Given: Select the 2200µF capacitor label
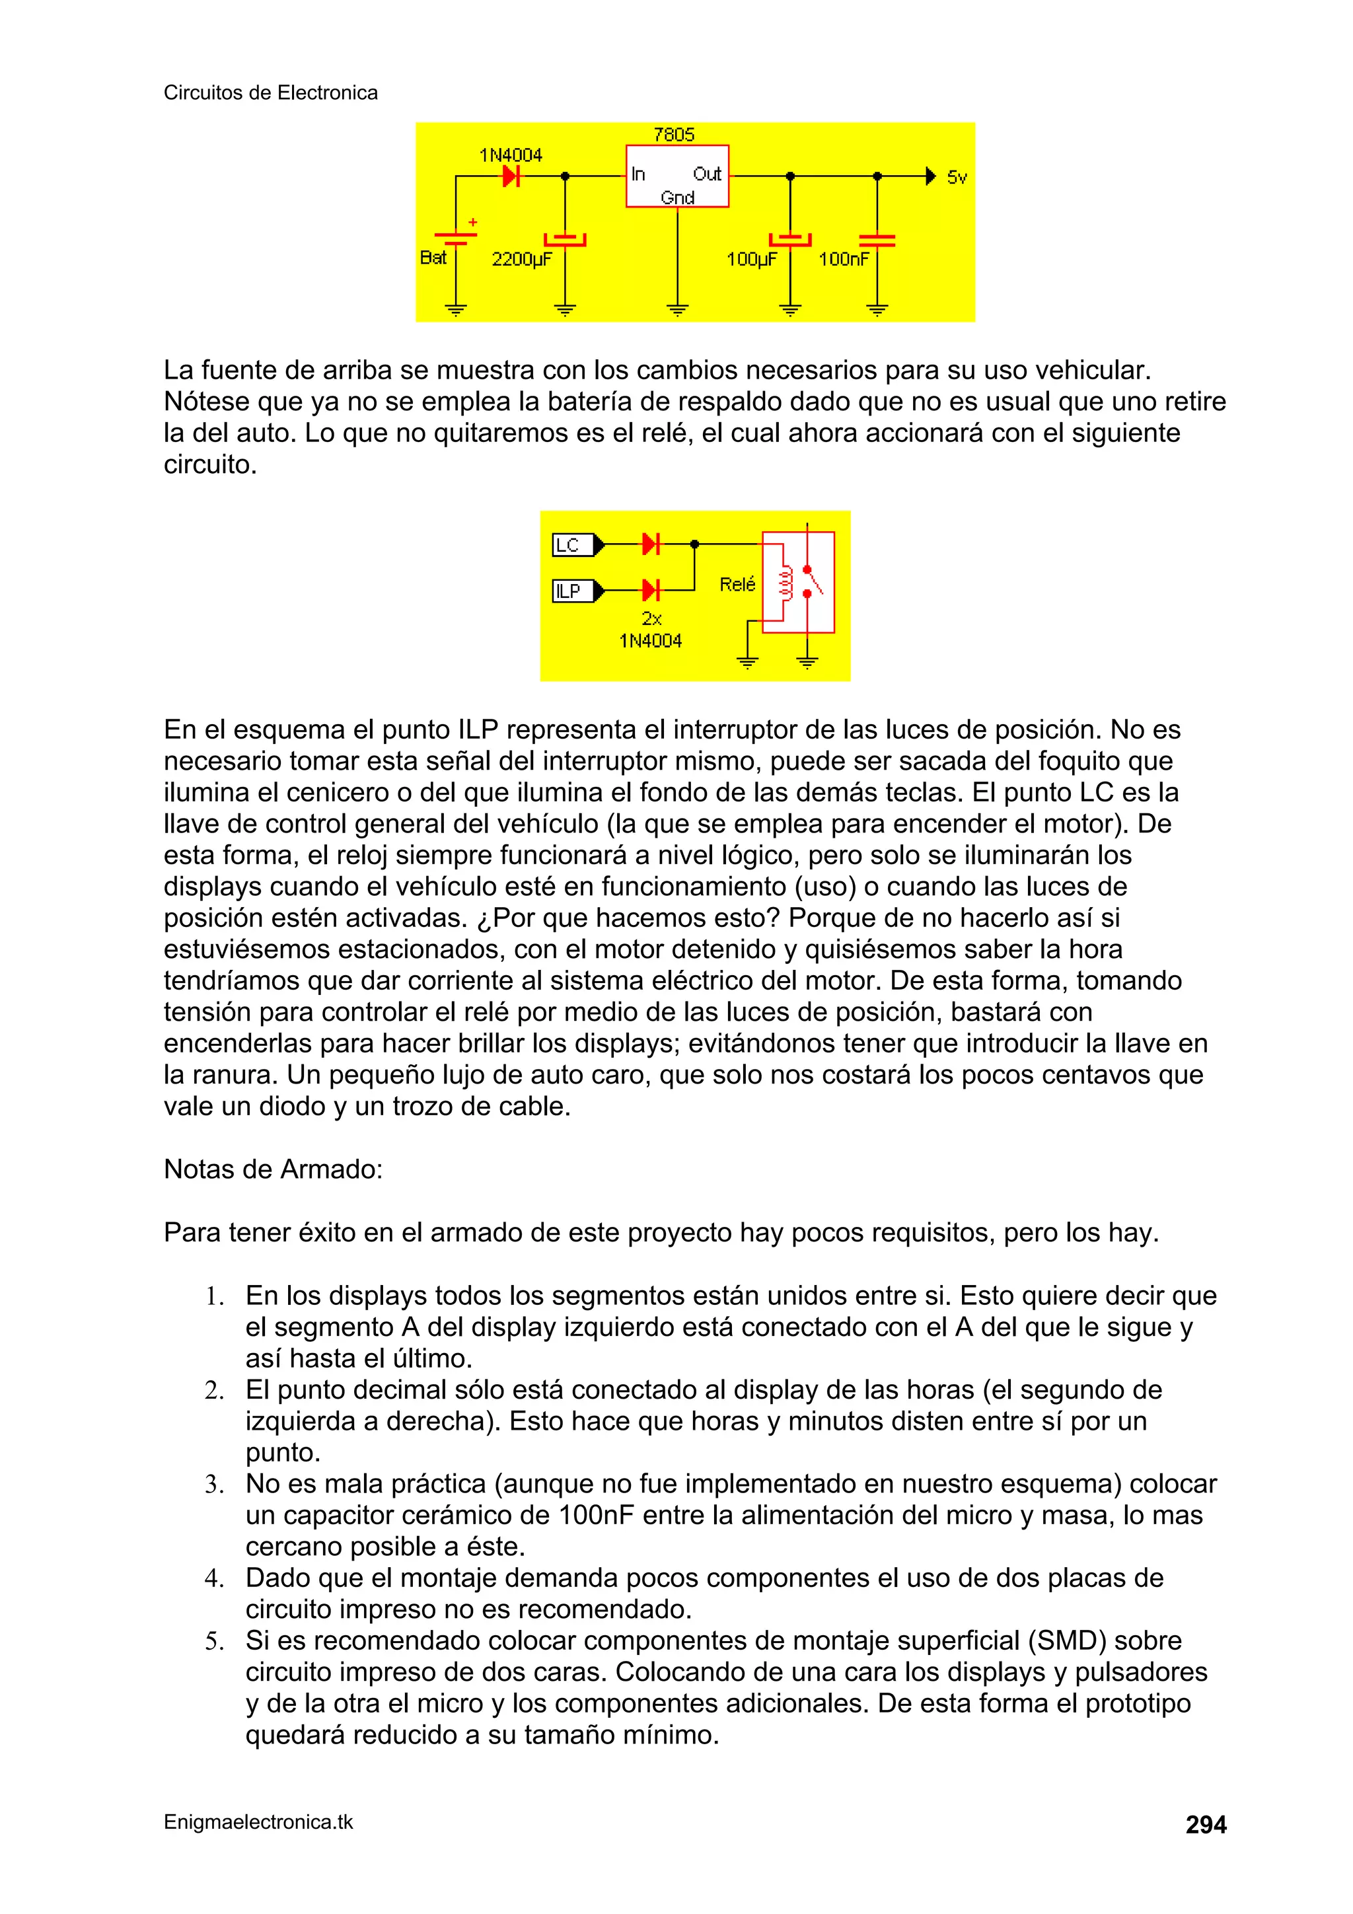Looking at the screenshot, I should (x=521, y=259).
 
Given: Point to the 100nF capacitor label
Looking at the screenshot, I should (x=843, y=259).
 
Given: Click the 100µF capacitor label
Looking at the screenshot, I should (x=750, y=259).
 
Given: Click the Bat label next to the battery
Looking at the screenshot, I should (x=433, y=258).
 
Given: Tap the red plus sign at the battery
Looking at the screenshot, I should (x=472, y=223).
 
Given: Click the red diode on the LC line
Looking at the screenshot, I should (x=650, y=544).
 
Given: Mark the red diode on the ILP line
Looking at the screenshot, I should (x=650, y=590).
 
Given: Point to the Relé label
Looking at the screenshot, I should (x=737, y=584).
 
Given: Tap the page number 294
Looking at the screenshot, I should (x=1206, y=1825).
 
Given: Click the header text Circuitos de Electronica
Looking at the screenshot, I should (x=270, y=92).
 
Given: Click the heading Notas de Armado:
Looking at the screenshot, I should (x=273, y=1169).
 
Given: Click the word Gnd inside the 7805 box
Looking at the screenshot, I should (x=677, y=198).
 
